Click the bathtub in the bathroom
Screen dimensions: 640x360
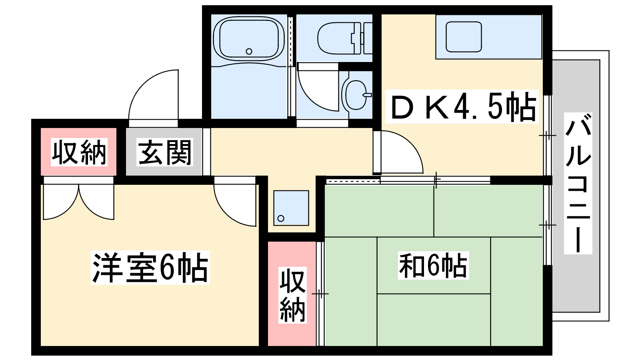(x=248, y=38)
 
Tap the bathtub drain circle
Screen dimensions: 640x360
(x=249, y=52)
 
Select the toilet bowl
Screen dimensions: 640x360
(x=336, y=38)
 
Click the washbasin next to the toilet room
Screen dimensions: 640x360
(x=356, y=95)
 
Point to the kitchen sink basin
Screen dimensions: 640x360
(x=464, y=37)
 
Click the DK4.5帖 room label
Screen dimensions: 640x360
(x=462, y=106)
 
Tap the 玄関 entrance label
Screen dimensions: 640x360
(x=164, y=152)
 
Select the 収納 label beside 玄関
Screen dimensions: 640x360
(x=79, y=152)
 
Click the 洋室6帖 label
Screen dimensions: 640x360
(x=150, y=268)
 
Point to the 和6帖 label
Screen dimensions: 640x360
(x=434, y=266)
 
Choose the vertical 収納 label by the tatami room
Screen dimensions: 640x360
(x=292, y=295)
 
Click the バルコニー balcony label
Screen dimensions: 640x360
(x=578, y=184)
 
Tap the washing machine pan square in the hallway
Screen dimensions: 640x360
(x=291, y=208)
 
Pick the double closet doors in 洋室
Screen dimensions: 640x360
(x=78, y=200)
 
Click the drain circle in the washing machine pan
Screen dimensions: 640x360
(x=281, y=218)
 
